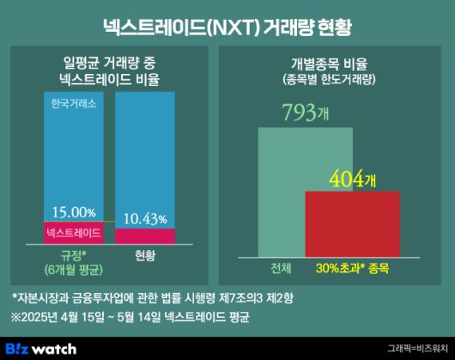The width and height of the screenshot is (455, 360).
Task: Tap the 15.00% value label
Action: tap(72, 211)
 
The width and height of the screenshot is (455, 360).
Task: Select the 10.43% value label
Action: tap(144, 220)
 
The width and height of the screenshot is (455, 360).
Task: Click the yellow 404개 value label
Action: tap(353, 180)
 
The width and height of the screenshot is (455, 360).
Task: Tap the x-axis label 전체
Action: tap(281, 267)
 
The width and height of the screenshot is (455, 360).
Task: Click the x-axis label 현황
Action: tap(145, 255)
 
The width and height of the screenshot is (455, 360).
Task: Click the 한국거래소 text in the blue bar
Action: tap(72, 103)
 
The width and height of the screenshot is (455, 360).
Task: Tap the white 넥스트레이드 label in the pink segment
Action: tap(72, 232)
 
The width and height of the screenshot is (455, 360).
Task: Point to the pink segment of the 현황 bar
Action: tap(144, 236)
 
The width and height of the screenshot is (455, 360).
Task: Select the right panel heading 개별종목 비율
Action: tap(335, 65)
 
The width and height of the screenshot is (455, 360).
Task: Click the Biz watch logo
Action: tap(41, 348)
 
